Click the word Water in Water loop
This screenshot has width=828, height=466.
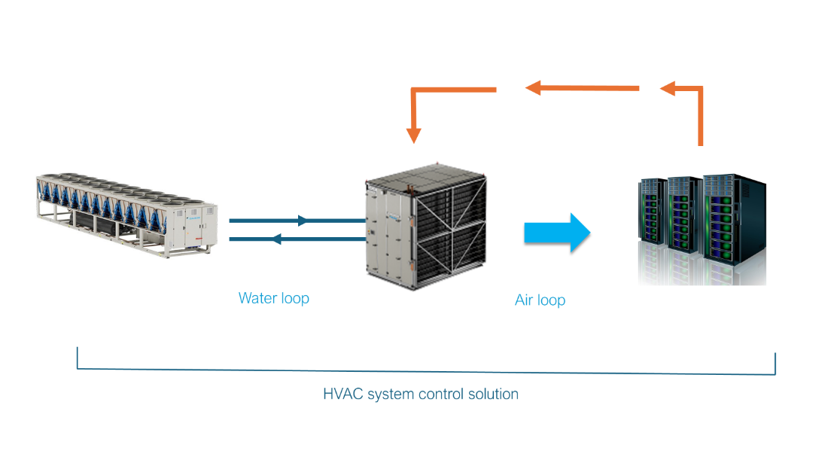[x=255, y=298]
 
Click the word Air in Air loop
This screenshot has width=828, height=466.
[x=524, y=300]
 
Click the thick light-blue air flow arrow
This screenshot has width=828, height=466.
[x=556, y=233]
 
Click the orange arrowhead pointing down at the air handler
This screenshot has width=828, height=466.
[x=413, y=135]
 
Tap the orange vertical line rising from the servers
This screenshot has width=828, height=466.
[x=701, y=120]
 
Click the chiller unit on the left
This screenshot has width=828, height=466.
[x=124, y=215]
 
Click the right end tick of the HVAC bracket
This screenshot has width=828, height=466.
[x=775, y=364]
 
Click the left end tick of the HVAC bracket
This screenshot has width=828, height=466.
[x=78, y=358]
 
